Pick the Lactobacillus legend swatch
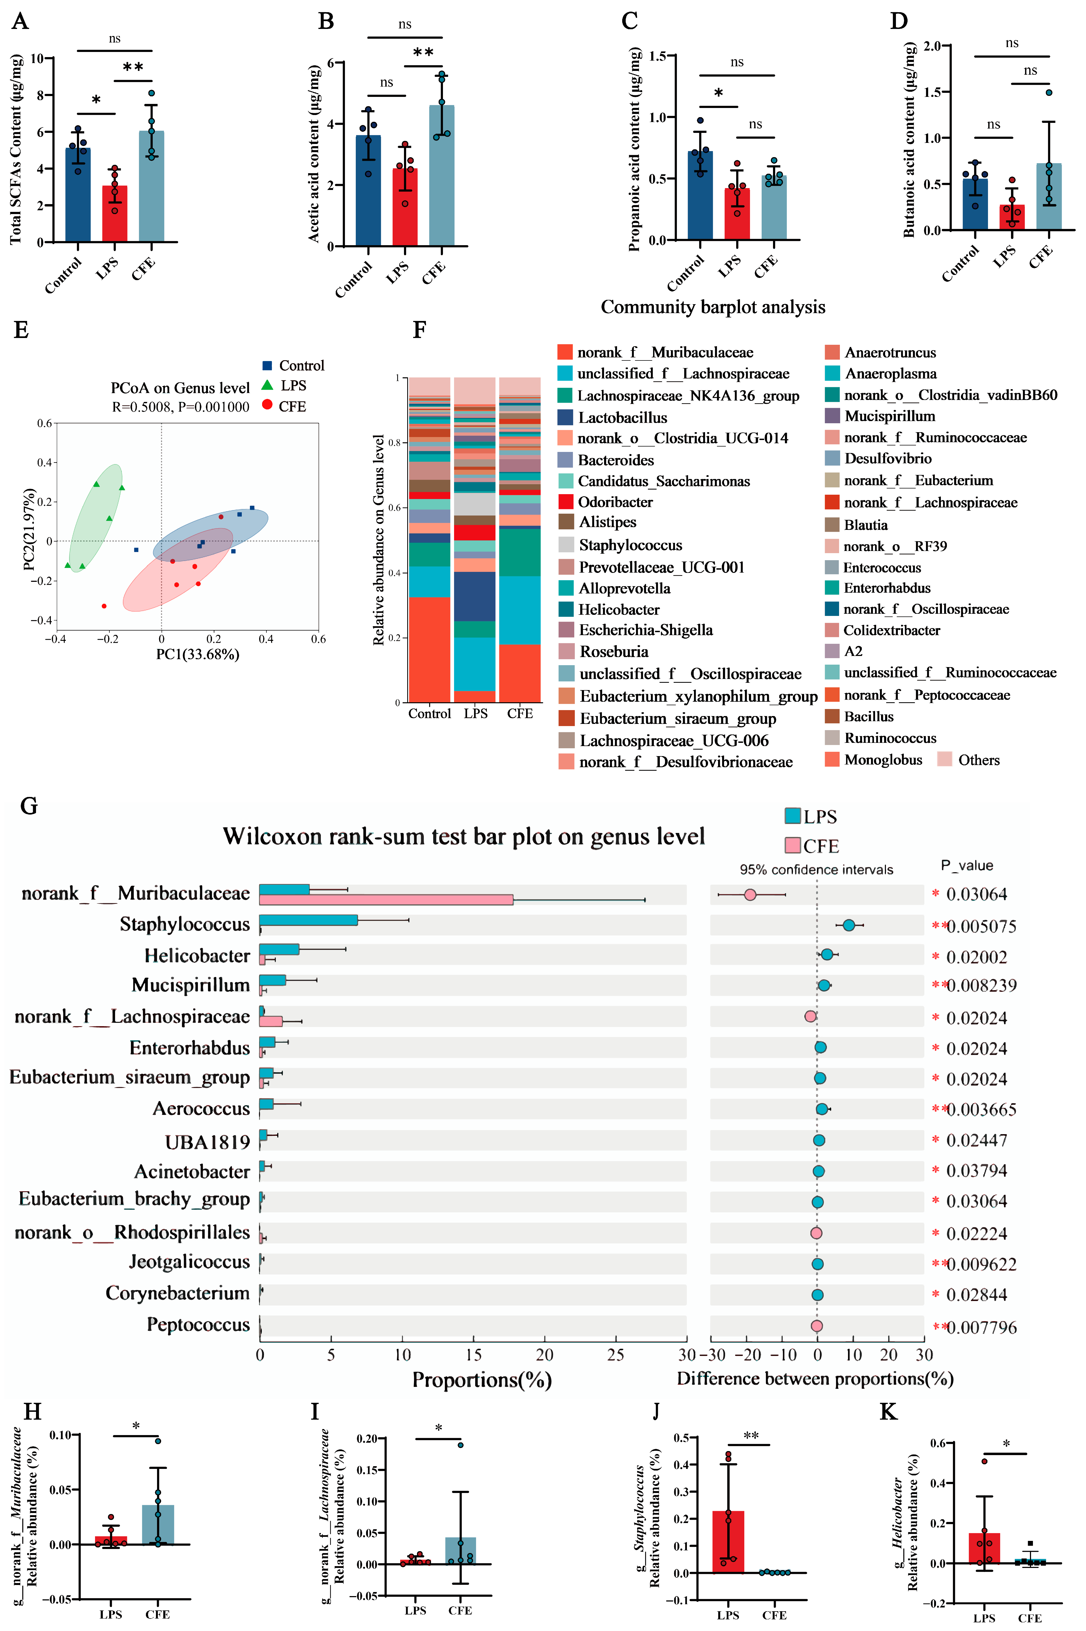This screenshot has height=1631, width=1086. click(x=565, y=418)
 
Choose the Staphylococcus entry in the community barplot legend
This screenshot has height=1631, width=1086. click(x=630, y=545)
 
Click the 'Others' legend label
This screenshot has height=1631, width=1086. click(x=979, y=760)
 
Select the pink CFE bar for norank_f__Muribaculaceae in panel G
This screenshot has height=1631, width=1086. click(x=386, y=899)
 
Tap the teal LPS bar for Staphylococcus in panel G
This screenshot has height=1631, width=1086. click(x=308, y=920)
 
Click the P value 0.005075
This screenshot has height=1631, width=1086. click(x=981, y=926)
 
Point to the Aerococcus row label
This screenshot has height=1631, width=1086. click(x=201, y=1108)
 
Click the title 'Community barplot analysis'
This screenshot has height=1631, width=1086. click(x=713, y=307)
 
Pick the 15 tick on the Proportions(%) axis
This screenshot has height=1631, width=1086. click(x=474, y=1355)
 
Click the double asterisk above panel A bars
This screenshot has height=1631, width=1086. click(x=133, y=67)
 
